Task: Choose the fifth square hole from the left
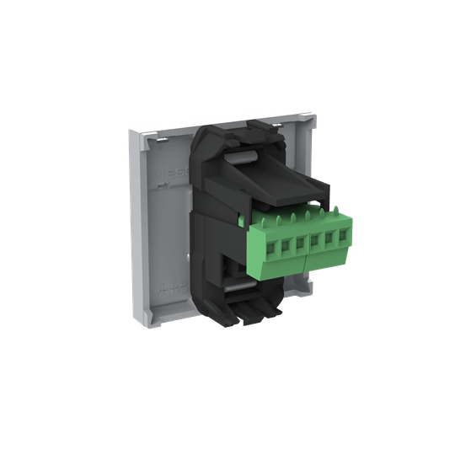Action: pos(328,241)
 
